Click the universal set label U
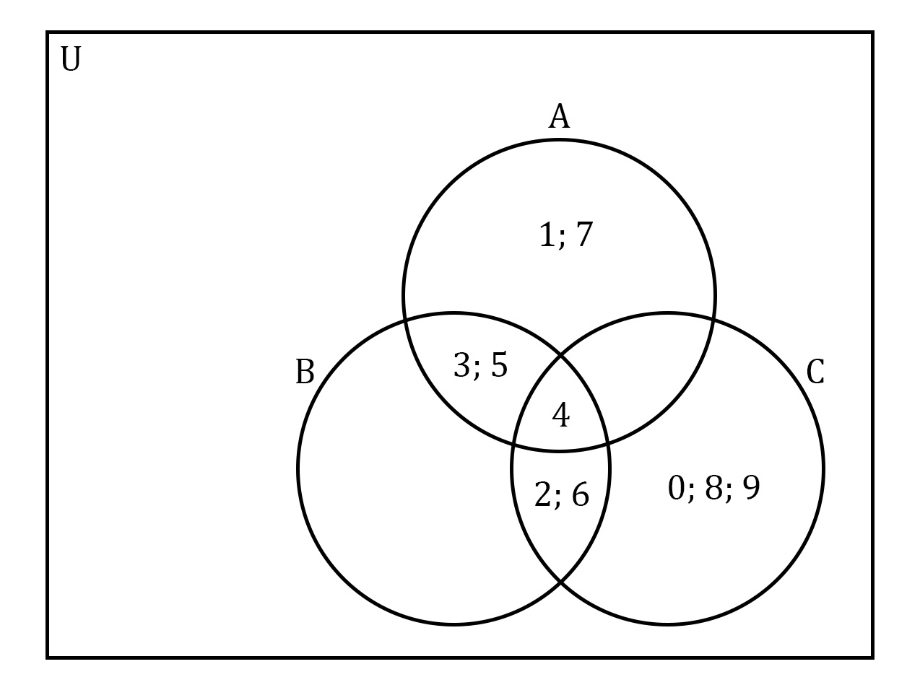pos(71,59)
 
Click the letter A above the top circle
pos(559,116)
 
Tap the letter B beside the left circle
pos(305,372)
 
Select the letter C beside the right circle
pos(815,372)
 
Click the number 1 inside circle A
pos(547,235)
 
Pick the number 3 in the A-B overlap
pos(461,365)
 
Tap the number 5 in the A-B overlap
pos(499,365)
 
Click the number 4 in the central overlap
pos(561,415)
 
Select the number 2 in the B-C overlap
pos(542,494)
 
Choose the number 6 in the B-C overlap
pos(581,494)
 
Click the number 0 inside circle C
pos(676,487)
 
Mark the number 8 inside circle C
pos(713,487)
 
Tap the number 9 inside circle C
pos(751,487)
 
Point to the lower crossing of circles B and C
pos(561,582)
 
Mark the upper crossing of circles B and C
pos(561,356)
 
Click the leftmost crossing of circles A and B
pos(405,321)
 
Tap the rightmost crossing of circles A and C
pos(713,319)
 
